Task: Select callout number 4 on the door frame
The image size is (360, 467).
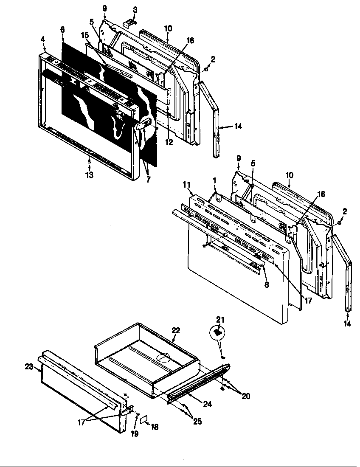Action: click(43, 39)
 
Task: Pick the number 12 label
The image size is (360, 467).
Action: click(169, 142)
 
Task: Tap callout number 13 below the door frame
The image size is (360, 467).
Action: click(89, 174)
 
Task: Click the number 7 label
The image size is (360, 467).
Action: click(148, 179)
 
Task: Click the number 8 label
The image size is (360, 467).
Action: click(266, 285)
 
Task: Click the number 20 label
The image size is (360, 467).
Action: click(245, 396)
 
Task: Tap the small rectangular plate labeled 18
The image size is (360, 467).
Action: click(143, 419)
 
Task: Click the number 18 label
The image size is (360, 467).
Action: click(155, 427)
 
